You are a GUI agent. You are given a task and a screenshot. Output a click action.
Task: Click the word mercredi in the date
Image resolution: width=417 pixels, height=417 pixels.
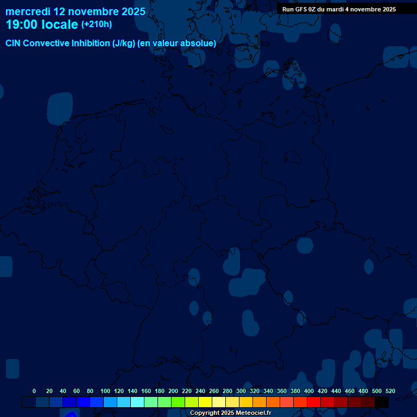(x=28, y=11)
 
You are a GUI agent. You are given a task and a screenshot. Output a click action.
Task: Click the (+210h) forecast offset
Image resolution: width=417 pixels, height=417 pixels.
(x=97, y=24)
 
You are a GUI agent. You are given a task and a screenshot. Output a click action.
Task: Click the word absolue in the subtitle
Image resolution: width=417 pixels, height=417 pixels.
(x=199, y=43)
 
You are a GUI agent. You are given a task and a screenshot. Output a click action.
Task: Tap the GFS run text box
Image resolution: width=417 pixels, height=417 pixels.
(x=339, y=9)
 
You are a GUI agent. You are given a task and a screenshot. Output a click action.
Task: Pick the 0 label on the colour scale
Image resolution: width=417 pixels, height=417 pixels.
(x=34, y=391)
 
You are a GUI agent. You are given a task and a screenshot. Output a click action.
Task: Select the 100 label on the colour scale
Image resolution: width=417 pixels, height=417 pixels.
(x=105, y=391)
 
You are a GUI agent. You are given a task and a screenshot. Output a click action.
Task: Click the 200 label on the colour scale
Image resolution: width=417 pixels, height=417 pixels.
(x=173, y=391)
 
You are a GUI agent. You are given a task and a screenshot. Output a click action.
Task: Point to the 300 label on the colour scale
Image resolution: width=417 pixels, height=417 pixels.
(x=241, y=391)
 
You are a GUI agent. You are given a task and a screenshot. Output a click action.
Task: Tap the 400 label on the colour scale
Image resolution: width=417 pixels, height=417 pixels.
(x=309, y=391)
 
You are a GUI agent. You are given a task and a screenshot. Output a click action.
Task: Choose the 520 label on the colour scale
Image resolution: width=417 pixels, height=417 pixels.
(x=390, y=391)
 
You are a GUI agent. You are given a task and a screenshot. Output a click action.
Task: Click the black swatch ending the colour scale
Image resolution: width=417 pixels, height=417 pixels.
(x=382, y=402)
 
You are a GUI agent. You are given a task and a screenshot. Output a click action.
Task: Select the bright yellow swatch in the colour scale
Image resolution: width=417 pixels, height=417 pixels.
(x=205, y=402)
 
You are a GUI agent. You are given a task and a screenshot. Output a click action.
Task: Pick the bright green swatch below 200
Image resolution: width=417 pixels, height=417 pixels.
(x=178, y=402)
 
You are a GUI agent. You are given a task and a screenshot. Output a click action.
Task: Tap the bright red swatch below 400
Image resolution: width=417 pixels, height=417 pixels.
(x=314, y=402)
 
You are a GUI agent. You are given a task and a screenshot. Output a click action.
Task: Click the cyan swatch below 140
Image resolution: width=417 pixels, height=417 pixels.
(x=137, y=402)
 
